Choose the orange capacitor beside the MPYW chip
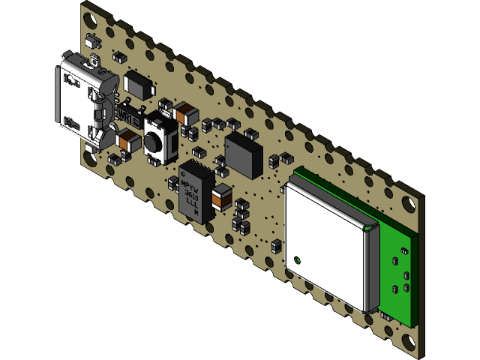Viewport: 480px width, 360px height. (222, 197)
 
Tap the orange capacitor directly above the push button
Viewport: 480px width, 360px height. (184, 115)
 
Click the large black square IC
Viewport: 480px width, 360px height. (244, 154)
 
